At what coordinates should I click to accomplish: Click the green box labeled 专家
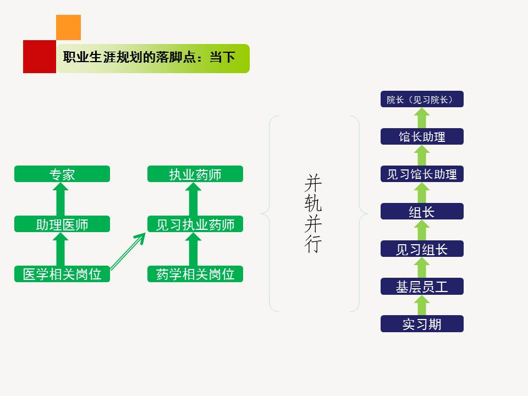pos(62,174)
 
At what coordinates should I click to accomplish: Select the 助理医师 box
pos(62,224)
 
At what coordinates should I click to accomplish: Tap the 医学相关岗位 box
pos(62,274)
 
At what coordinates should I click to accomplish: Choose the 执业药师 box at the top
pos(195,174)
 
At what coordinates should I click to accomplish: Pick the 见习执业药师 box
pos(195,224)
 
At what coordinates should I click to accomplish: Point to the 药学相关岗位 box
pos(195,274)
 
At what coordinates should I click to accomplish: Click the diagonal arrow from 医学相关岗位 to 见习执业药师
pos(128,251)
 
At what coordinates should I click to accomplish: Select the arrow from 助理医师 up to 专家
pos(61,199)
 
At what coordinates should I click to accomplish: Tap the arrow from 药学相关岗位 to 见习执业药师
pos(193,249)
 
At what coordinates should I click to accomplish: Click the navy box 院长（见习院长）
pos(422,100)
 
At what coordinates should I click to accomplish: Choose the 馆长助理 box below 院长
pos(422,137)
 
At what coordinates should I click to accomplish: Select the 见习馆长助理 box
pos(422,174)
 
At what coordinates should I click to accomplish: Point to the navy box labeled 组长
pos(422,212)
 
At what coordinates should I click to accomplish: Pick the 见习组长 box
pos(422,249)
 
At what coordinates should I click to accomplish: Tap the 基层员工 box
pos(422,287)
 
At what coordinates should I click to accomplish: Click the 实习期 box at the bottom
pos(422,324)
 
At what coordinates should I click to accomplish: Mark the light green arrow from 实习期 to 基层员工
pos(422,305)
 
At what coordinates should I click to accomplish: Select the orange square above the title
pos(69,28)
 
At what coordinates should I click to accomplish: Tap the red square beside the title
pos(40,57)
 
